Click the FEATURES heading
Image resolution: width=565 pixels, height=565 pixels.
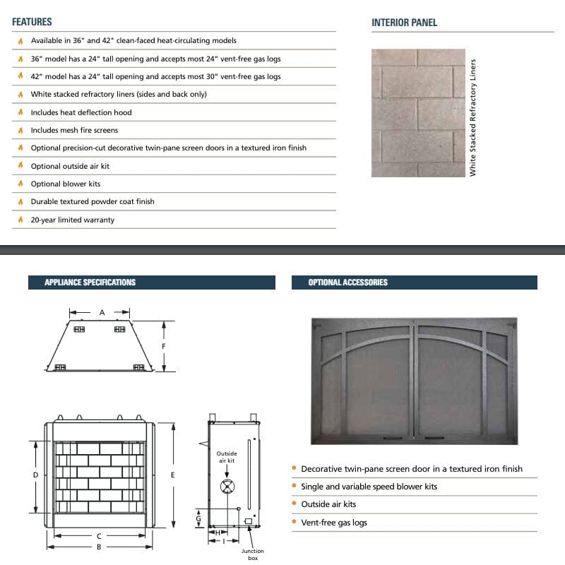(x=32, y=22)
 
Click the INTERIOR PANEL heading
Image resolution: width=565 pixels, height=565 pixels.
(x=404, y=23)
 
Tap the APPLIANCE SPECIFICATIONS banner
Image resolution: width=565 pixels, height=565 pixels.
(x=90, y=282)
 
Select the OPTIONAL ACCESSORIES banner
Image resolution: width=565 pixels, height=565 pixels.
(x=347, y=282)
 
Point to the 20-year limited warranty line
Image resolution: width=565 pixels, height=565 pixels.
(x=72, y=220)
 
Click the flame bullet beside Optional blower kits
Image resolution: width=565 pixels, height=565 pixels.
(x=20, y=184)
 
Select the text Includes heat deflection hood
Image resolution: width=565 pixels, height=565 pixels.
(x=81, y=112)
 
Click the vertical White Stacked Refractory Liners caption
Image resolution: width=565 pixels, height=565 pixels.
(x=473, y=117)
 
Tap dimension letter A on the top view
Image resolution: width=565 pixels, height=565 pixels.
(x=102, y=312)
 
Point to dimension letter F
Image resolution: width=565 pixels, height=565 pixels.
(x=164, y=346)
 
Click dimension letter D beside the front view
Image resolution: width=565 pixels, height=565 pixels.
(x=35, y=475)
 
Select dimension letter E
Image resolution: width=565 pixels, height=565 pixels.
(x=172, y=475)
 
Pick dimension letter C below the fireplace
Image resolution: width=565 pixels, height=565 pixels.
(x=99, y=536)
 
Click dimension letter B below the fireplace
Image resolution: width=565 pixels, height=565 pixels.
(x=99, y=546)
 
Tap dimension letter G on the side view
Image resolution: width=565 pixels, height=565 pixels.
(x=198, y=518)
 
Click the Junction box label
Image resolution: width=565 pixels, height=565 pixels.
(x=252, y=554)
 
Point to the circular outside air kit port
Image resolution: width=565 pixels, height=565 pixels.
(x=227, y=486)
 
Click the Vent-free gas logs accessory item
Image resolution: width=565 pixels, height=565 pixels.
(x=334, y=523)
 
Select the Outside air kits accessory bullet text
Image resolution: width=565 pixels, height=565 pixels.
(x=328, y=504)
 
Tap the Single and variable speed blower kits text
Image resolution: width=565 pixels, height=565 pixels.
(x=369, y=487)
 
